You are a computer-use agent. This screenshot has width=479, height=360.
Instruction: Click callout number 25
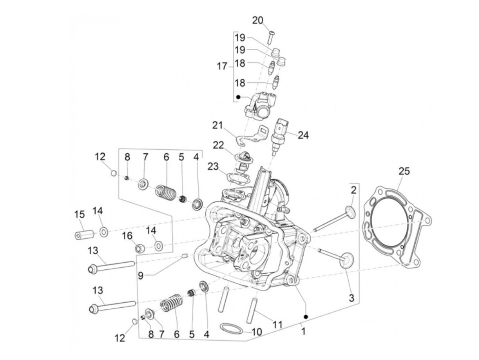404,171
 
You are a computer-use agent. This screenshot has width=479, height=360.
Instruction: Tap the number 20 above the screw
258,21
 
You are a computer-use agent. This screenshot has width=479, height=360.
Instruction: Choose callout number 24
303,135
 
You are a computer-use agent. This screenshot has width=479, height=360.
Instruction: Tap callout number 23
212,167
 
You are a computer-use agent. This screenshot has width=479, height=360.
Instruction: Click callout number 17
222,66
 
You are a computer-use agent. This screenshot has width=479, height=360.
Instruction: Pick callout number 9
141,275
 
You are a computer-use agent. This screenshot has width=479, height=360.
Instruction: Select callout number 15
79,215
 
